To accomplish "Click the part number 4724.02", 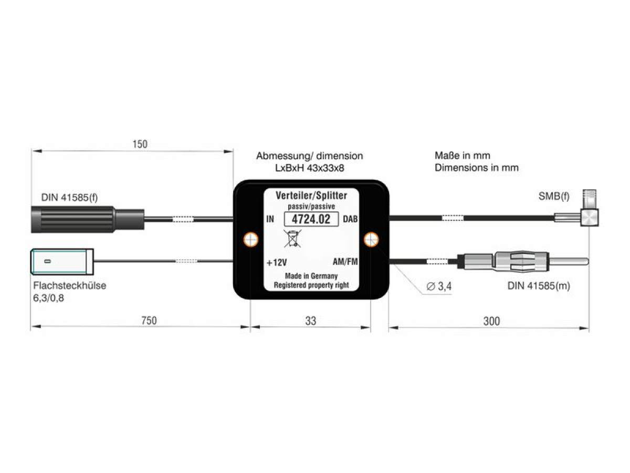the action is (311, 219).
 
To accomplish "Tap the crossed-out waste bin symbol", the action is (292, 238).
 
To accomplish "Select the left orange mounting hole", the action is (250, 239).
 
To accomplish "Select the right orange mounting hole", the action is (371, 239).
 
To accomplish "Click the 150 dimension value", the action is (140, 144).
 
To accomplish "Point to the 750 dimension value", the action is (149, 321).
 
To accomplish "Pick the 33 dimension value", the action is (311, 321).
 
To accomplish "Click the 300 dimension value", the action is (491, 321).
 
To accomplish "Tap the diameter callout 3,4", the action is (439, 286).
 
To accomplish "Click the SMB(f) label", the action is (554, 196).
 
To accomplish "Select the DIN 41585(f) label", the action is (69, 197).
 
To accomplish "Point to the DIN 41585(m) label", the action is (539, 286).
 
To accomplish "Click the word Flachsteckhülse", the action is (70, 285).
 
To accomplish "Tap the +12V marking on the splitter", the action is (277, 262).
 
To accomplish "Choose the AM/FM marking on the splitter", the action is (345, 262).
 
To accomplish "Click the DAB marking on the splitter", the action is (350, 219).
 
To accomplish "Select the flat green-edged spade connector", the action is (62, 261).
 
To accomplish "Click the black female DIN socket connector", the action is (88, 219).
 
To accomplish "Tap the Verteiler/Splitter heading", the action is (311, 196).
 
